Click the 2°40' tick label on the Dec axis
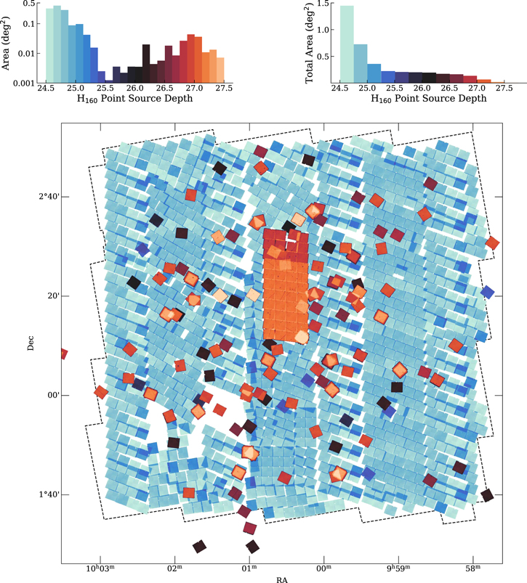pos(48,197)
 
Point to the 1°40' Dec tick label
pos(48,494)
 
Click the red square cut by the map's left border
pos(63,354)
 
